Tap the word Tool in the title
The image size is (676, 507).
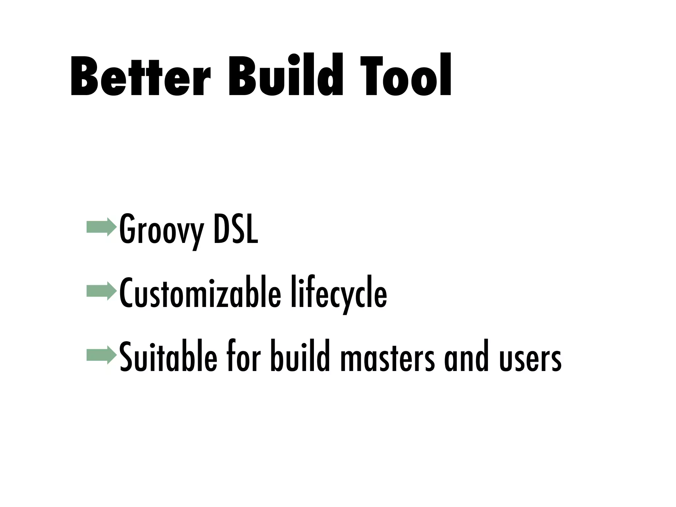point(406,76)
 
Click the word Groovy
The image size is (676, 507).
point(161,229)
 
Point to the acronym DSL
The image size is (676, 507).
point(236,228)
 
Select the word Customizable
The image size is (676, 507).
point(200,292)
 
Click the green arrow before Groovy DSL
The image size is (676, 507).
point(102,227)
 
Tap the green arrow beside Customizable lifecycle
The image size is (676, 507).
point(102,291)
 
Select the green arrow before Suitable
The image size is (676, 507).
point(102,355)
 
